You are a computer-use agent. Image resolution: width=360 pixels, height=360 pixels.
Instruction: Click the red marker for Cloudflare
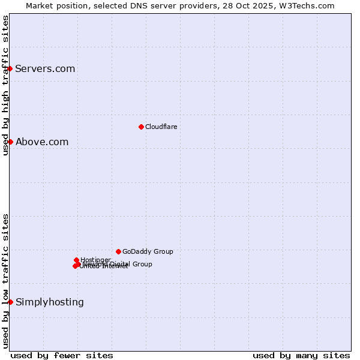click(141, 127)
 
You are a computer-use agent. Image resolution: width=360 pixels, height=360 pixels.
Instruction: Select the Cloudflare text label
click(161, 127)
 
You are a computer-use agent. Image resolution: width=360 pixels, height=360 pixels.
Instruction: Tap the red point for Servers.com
click(10, 68)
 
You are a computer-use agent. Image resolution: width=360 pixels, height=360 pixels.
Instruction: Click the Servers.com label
click(45, 68)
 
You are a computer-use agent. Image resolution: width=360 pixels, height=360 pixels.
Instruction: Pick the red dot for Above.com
click(10, 142)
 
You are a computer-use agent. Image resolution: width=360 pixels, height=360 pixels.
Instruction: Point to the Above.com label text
click(42, 142)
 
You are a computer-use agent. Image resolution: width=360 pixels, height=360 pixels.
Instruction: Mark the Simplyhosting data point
click(10, 302)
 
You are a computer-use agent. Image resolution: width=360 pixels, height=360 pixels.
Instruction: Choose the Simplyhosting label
click(50, 302)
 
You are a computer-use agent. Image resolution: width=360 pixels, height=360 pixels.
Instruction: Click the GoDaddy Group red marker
click(118, 251)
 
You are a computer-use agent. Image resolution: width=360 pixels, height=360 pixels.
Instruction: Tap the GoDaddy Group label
click(148, 251)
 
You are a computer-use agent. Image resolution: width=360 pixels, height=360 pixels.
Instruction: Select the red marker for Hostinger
click(76, 260)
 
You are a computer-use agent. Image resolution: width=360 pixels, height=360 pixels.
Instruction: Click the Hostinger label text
click(95, 260)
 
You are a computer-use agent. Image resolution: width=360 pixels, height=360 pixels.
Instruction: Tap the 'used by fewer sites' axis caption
click(62, 355)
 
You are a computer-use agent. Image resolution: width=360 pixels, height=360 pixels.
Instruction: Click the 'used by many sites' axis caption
click(301, 355)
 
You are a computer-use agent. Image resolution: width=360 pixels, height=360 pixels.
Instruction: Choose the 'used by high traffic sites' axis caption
click(5, 85)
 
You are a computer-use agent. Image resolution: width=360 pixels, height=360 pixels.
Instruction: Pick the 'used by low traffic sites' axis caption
click(5, 281)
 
